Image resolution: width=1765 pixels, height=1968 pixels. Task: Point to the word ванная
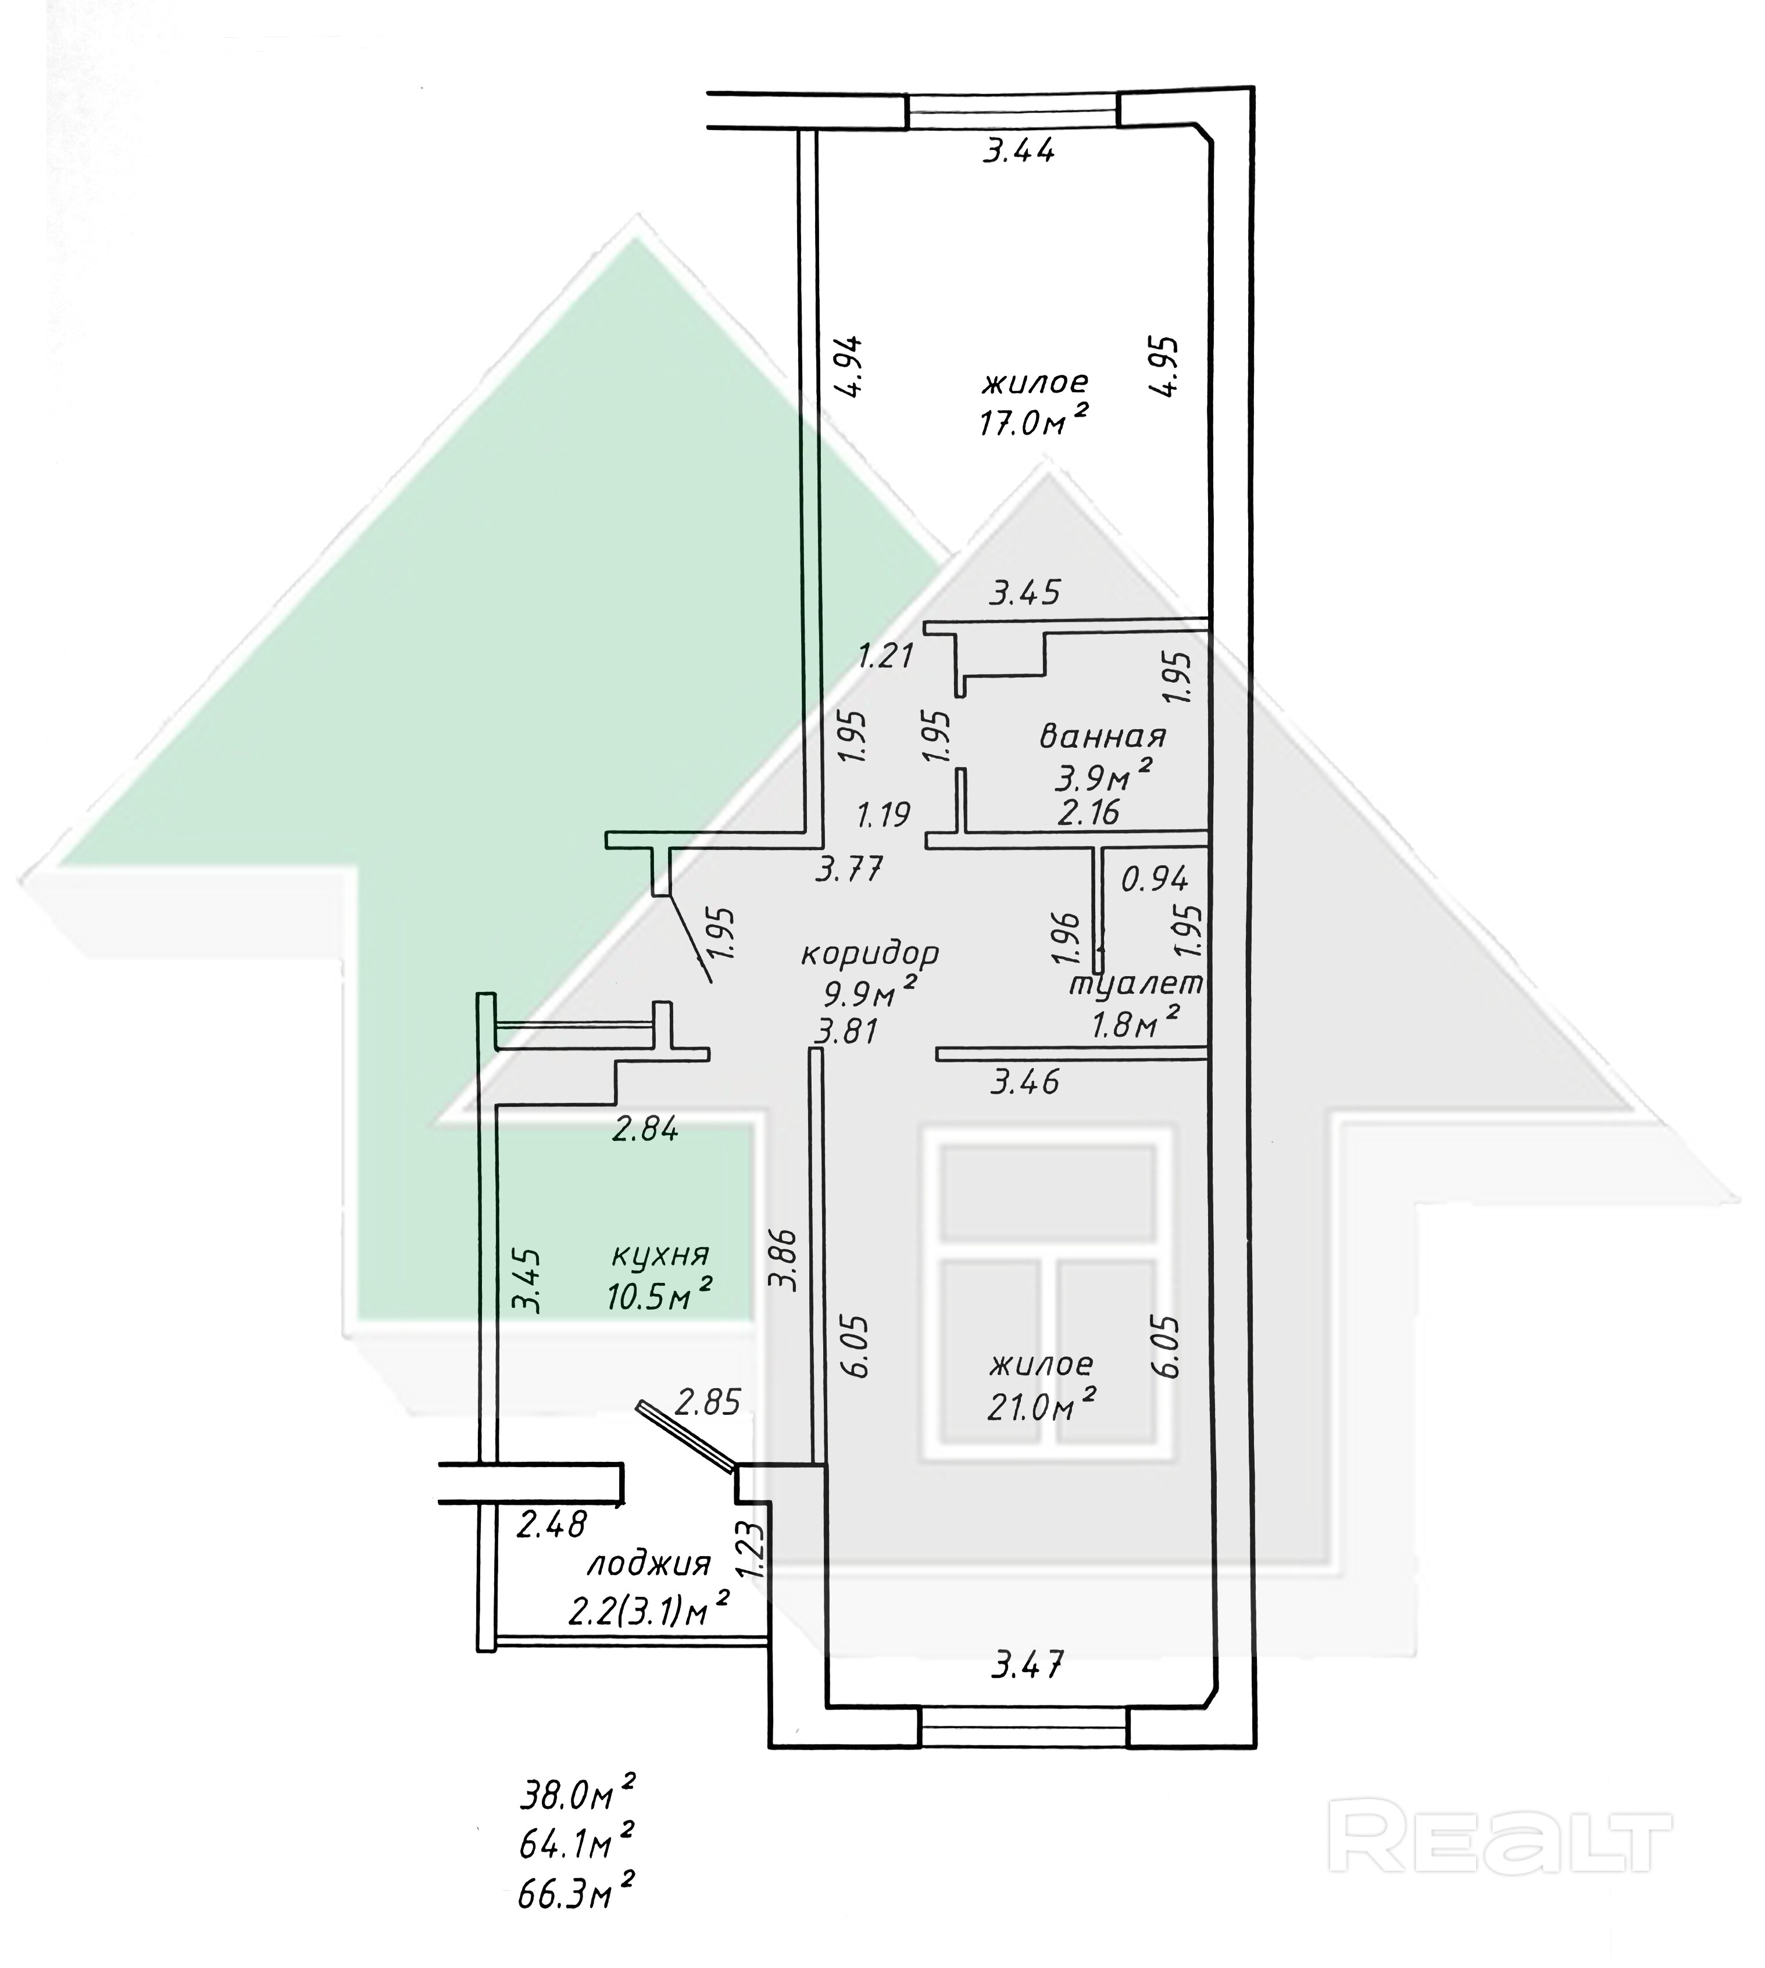[x=1103, y=737]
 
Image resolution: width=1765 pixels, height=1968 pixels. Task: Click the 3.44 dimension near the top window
[x=1019, y=151]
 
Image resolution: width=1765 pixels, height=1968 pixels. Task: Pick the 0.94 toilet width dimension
[x=1154, y=879]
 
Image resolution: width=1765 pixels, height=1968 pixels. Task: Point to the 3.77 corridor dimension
[x=849, y=870]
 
